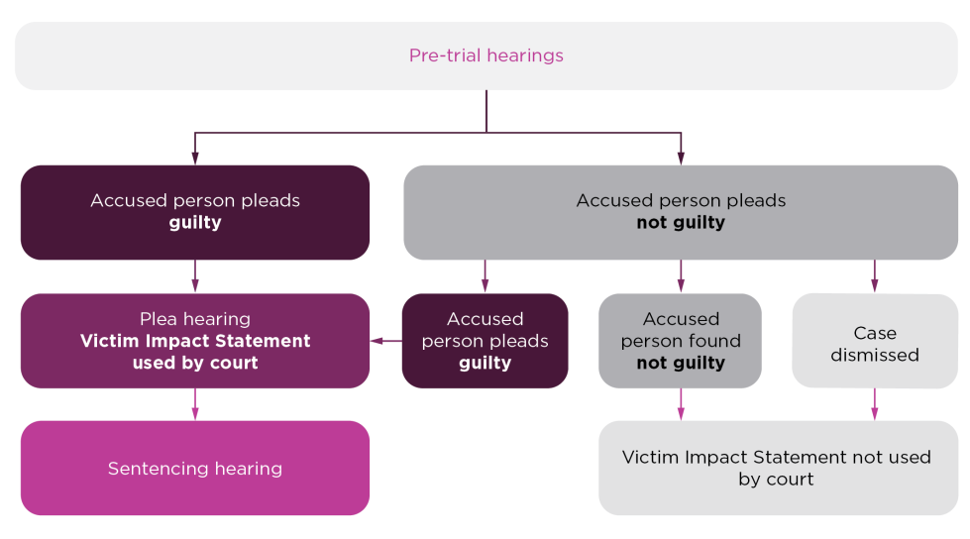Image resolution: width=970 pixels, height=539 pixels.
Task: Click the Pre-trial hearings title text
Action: point(485,55)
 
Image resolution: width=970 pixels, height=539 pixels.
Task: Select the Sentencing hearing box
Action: point(195,468)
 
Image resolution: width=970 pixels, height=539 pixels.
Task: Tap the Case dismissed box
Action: point(874,340)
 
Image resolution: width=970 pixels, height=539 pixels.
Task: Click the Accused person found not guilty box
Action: point(680,340)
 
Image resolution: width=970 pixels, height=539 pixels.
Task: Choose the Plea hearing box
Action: point(195,340)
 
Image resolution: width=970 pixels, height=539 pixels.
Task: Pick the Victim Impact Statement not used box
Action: point(777,468)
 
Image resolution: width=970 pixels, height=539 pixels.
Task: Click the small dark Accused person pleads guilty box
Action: point(485,340)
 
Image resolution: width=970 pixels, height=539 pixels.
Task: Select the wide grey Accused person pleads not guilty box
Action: point(680,212)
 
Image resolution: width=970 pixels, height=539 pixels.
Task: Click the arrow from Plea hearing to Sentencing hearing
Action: point(195,404)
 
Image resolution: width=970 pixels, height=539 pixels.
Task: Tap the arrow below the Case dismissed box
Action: point(874,404)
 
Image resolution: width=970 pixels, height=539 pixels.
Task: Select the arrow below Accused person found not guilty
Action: point(681,404)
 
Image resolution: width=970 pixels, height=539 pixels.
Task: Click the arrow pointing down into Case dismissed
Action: point(874,276)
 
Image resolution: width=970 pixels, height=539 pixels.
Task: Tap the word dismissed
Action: point(875,355)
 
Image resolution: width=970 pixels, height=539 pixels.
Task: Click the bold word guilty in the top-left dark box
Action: point(195,223)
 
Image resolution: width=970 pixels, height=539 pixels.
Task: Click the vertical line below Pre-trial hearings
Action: point(485,111)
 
